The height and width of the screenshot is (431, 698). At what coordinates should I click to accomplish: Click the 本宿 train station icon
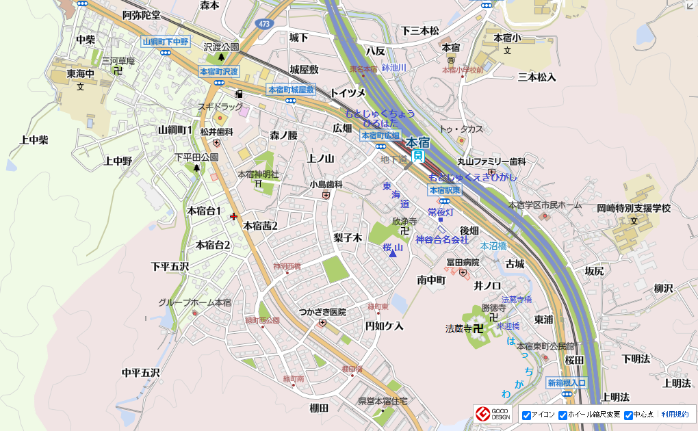419,156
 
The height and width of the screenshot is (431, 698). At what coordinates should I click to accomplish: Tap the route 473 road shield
263,24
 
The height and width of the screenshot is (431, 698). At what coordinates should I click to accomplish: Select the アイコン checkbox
527,415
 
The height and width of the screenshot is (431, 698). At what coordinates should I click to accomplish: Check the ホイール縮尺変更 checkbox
563,415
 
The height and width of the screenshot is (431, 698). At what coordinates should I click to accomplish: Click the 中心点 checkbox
628,415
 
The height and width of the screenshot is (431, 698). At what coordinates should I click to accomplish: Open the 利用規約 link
675,415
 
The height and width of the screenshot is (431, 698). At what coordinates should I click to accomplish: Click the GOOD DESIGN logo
492,414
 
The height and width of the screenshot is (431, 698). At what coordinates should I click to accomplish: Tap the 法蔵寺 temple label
458,329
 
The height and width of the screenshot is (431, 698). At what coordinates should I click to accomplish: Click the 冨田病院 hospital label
463,262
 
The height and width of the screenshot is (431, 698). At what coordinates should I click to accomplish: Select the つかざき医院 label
322,313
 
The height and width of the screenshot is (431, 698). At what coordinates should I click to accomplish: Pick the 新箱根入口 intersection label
567,383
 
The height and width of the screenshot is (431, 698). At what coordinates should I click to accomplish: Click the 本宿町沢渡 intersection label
219,71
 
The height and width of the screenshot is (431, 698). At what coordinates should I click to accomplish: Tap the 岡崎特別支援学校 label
633,208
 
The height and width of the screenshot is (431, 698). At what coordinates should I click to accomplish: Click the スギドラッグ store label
220,107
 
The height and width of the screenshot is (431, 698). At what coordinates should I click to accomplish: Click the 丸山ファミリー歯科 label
491,161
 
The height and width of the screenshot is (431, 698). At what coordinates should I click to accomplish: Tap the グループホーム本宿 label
194,302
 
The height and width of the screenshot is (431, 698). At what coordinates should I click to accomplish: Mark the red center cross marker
234,216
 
